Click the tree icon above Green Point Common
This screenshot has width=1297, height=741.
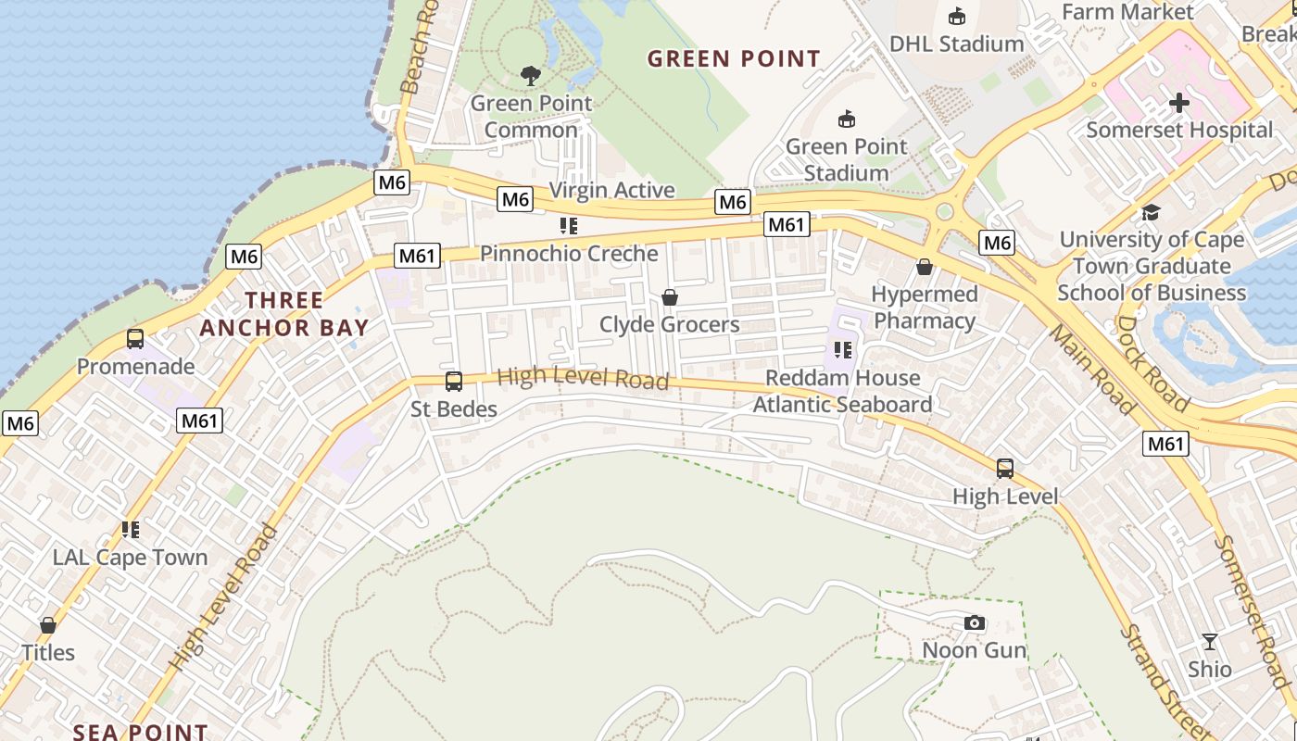(531, 75)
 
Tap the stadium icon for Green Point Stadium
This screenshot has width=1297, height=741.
(846, 119)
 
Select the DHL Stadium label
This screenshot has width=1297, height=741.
(956, 44)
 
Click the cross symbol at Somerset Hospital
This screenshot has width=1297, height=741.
(1178, 102)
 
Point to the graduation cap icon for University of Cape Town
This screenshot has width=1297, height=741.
(1151, 212)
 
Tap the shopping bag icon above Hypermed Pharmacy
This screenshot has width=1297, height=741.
(924, 267)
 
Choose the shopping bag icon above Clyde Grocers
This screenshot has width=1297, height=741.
(669, 297)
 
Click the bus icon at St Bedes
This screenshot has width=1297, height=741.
(454, 381)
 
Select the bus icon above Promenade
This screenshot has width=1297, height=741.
(135, 339)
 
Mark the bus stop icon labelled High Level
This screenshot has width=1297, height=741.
(1005, 469)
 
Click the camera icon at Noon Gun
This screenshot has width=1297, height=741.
(974, 622)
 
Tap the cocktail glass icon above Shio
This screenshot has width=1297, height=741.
(1210, 641)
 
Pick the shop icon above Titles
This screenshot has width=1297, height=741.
(48, 625)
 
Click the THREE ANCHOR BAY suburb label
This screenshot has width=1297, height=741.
(283, 313)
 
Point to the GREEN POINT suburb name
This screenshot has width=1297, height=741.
(734, 59)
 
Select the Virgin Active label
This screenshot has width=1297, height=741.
(611, 190)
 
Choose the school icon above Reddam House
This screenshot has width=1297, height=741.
(842, 350)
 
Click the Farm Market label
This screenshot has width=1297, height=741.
(1127, 12)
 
